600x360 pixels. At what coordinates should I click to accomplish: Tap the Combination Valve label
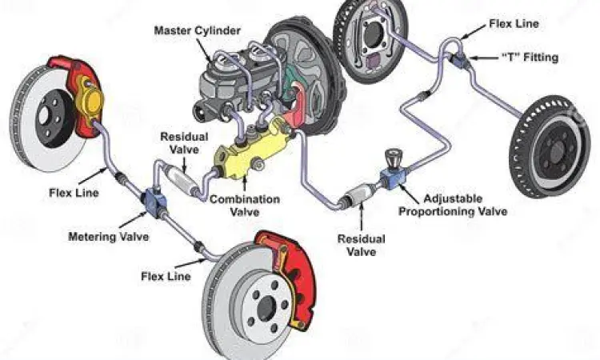coord(244,204)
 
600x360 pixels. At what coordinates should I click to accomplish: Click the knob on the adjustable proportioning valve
coord(393,156)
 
